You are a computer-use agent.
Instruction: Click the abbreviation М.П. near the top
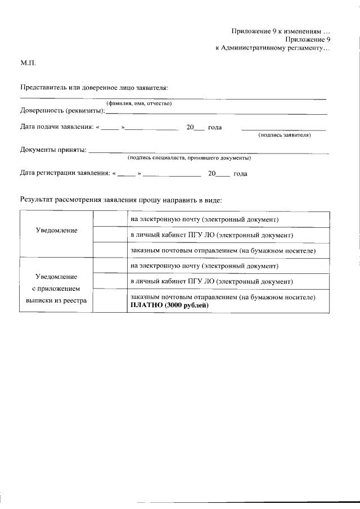tap(28, 64)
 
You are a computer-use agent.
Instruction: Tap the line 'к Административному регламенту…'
tap(272, 48)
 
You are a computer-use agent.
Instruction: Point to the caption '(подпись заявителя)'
tap(285, 135)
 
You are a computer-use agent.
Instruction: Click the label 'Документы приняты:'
tap(53, 150)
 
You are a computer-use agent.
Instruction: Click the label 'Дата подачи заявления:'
tap(57, 127)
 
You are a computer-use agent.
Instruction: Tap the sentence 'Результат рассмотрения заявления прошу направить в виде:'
tap(121, 200)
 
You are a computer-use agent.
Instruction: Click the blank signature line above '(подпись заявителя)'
tap(283, 130)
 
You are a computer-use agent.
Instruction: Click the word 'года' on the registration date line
tap(240, 174)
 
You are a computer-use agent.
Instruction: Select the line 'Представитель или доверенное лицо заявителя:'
tap(94, 88)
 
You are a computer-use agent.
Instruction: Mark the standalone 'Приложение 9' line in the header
tap(307, 39)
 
